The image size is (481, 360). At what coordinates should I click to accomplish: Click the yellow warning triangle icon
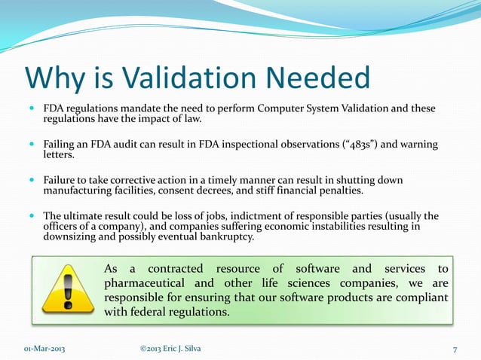(65, 291)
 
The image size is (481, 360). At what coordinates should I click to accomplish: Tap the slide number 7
(455, 348)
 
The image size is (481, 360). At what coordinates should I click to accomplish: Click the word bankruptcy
(222, 236)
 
